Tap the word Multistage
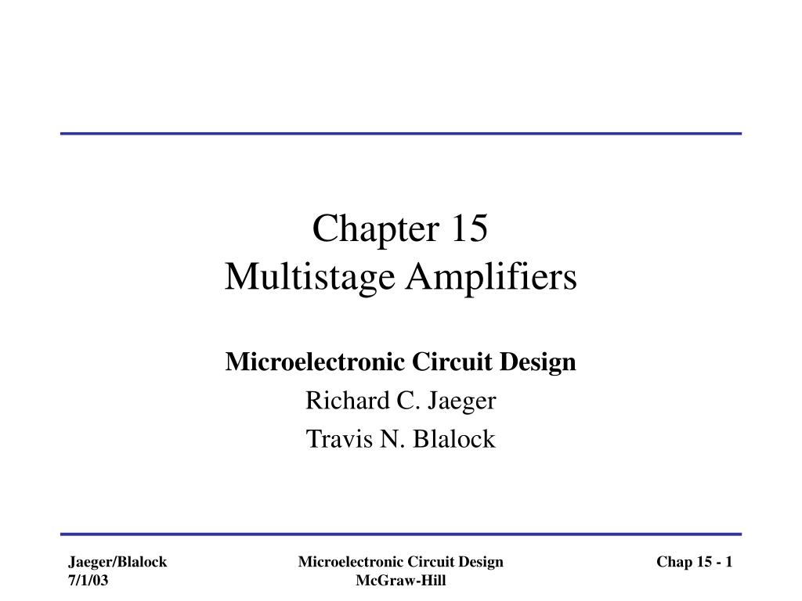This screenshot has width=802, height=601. [x=296, y=278]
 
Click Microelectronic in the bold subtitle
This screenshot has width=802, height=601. [x=292, y=362]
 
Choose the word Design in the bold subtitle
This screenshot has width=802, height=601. [x=541, y=362]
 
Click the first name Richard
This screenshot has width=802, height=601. [x=338, y=401]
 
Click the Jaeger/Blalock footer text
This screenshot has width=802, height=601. [x=117, y=562]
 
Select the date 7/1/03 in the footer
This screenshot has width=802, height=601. [x=88, y=580]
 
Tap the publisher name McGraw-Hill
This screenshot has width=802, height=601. [x=400, y=580]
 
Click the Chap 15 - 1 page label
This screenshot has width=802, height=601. [x=694, y=562]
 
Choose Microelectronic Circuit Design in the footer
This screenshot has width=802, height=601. [x=400, y=562]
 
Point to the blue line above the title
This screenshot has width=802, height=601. [x=401, y=134]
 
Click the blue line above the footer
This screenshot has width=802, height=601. [x=401, y=534]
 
